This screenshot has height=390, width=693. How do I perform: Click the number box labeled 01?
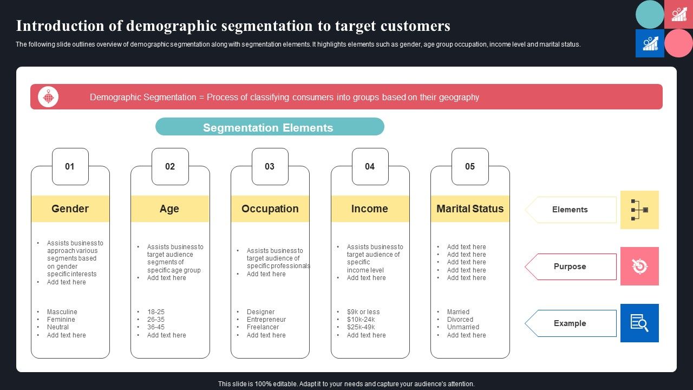point(70,166)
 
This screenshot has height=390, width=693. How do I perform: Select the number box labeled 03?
point(270,166)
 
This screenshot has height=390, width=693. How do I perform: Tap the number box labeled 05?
point(470,166)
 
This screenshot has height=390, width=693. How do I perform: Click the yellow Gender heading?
point(70,209)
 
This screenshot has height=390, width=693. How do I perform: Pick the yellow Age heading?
point(169,209)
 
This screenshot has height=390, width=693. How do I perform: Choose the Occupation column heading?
point(270,209)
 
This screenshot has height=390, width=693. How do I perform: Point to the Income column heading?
point(370,209)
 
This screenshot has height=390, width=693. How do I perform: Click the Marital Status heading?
point(470,209)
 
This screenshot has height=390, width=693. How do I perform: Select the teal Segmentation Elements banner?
point(269,127)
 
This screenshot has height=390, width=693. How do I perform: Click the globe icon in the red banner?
point(48,97)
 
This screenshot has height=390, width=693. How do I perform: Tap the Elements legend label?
point(570,210)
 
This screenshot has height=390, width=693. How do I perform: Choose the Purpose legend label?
point(570,266)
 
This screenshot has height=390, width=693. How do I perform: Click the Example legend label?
point(570,323)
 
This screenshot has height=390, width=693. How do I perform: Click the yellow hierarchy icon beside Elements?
point(639,210)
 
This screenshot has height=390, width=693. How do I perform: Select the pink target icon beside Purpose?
point(639,266)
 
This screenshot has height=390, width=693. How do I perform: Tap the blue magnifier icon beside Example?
point(639,323)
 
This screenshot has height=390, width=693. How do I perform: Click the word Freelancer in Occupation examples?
point(263,327)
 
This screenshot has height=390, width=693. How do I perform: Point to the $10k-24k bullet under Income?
point(361,320)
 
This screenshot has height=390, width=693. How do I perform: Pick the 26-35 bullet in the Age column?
point(156,320)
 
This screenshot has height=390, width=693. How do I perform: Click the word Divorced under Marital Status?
point(460,320)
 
